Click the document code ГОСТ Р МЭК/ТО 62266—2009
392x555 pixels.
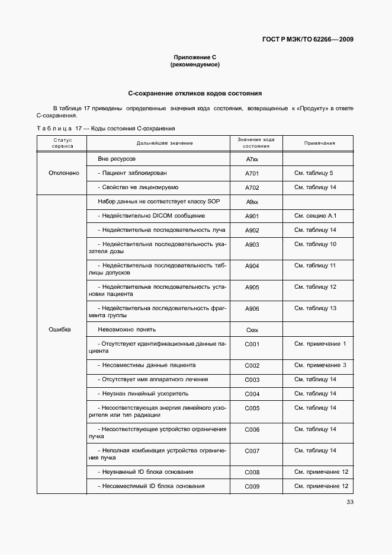coord(307,40)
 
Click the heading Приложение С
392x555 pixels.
coord(195,57)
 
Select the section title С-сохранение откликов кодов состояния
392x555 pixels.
coord(195,94)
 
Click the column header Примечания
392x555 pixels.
coord(320,143)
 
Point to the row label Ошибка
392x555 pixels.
coord(59,330)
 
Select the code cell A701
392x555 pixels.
coord(252,174)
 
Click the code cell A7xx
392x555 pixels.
coord(252,160)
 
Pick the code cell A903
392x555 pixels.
coord(252,244)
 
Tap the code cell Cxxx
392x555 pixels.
coord(252,330)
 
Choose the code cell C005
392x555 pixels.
coord(252,408)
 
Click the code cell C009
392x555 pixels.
coord(252,487)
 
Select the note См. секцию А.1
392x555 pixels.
coord(315,216)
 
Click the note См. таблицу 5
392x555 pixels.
coord(313,173)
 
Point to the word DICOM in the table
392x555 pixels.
coord(163,216)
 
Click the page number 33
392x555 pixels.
coord(350,503)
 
